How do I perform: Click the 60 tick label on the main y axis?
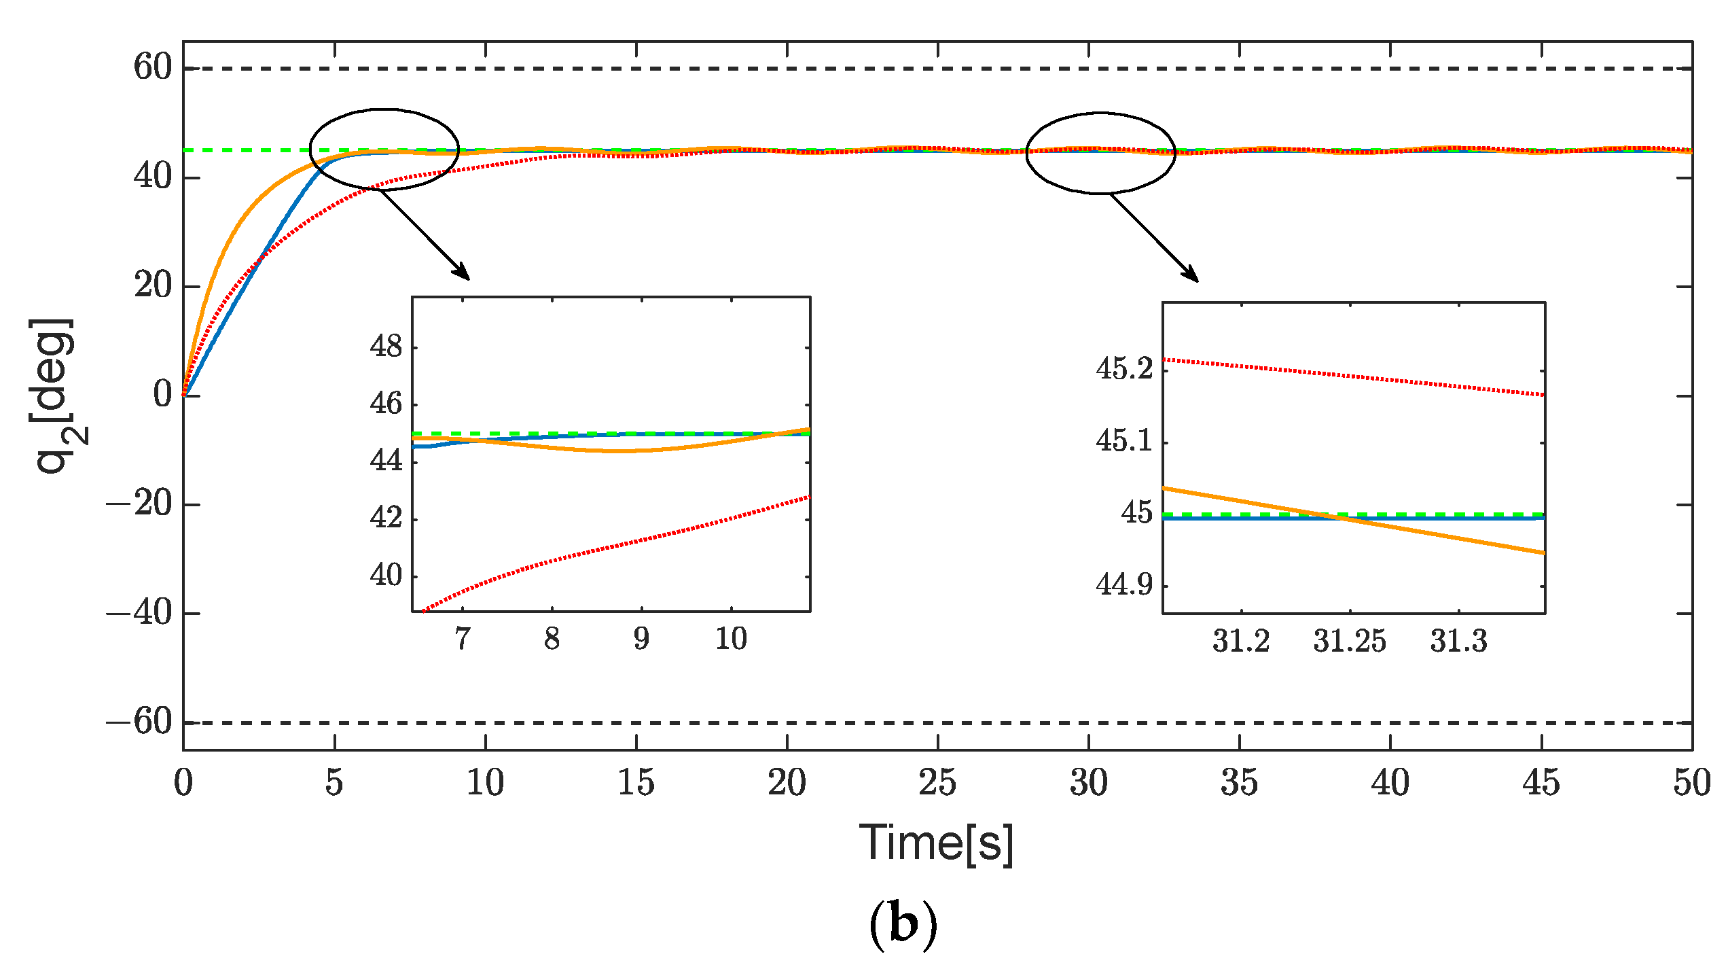click(153, 67)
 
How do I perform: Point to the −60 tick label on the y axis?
click(139, 721)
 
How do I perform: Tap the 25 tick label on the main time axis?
click(937, 783)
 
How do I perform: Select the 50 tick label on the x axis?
click(1691, 783)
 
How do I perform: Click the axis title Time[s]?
click(936, 843)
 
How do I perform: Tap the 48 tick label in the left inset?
click(386, 347)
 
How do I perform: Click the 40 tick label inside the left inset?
click(386, 576)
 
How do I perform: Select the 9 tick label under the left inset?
click(641, 639)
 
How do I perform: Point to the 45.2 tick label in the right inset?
click(1124, 369)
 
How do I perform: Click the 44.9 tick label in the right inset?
click(1124, 585)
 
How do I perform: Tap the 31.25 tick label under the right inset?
click(1349, 641)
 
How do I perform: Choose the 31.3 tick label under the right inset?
click(1458, 641)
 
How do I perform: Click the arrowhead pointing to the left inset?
click(463, 273)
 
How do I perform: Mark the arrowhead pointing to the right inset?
click(1192, 276)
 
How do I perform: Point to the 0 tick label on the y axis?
click(162, 395)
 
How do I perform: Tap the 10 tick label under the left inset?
click(731, 639)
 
